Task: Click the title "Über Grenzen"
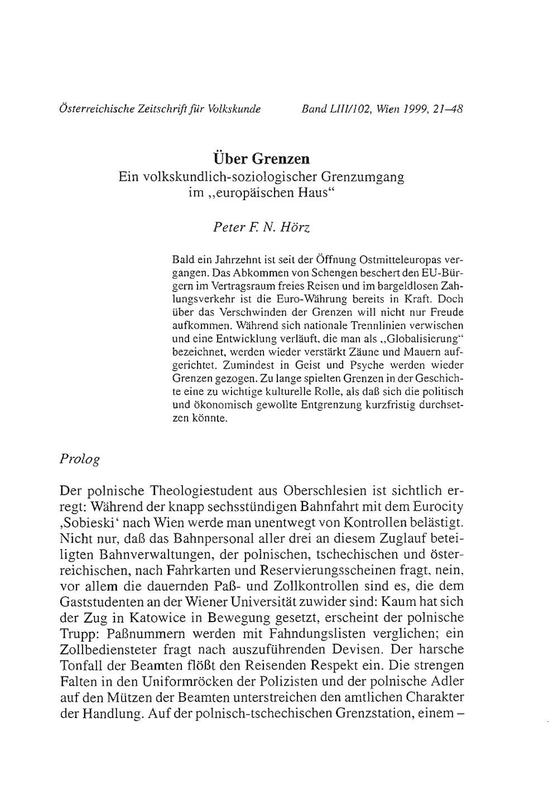point(261,158)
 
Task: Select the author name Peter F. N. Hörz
point(261,227)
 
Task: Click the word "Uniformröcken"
point(193,682)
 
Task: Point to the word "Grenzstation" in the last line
point(363,714)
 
